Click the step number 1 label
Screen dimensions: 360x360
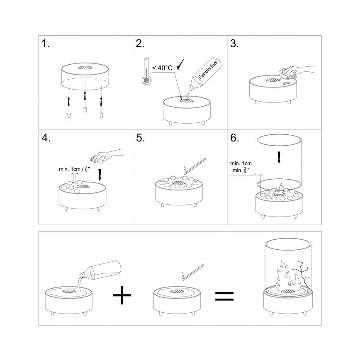pos(45,44)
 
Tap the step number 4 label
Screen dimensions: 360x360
pos(46,138)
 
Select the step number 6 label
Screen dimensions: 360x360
pos(234,138)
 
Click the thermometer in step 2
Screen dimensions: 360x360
pos(146,71)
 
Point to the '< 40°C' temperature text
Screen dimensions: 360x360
pos(162,68)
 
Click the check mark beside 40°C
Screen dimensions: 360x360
pos(180,65)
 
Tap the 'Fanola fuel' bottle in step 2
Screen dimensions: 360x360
pos(204,74)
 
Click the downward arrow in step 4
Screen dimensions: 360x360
pos(100,175)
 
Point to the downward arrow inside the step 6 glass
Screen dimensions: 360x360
pos(279,158)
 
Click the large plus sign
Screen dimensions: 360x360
pos(122,295)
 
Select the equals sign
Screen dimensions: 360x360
pos(224,296)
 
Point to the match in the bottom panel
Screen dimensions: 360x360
pos(192,273)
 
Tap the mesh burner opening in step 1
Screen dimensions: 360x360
pos(85,68)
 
